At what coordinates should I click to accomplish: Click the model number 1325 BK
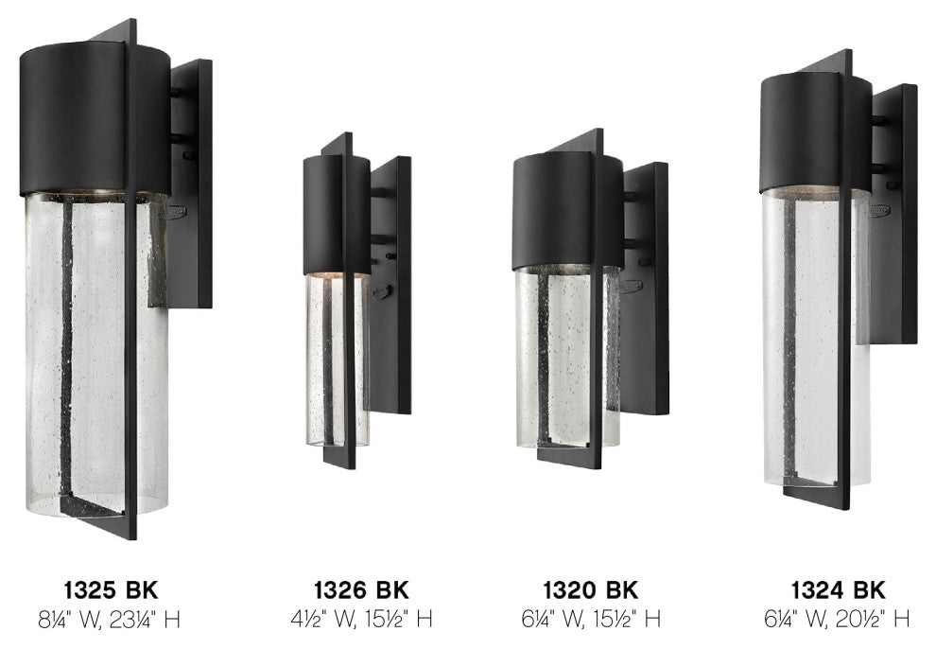111,590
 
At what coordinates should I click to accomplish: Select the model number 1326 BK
361,590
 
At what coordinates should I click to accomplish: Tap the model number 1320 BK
590,590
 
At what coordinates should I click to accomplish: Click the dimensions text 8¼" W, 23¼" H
110,620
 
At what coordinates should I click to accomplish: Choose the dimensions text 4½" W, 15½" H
361,619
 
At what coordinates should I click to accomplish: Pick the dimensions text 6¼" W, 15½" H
591,619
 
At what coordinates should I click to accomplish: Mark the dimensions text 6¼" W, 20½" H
838,619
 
